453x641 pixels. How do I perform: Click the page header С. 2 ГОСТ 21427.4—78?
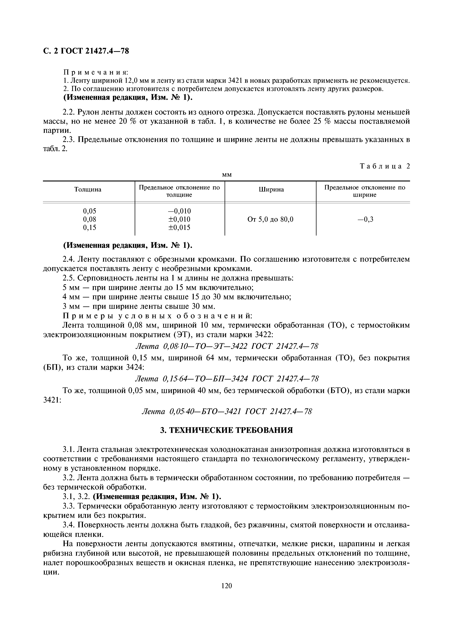(x=86, y=51)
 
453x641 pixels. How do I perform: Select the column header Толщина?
(x=88, y=189)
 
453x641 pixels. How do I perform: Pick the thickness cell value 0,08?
(x=89, y=219)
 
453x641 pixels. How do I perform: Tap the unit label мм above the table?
(x=227, y=175)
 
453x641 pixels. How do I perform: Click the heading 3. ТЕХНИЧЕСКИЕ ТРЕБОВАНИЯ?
(x=226, y=430)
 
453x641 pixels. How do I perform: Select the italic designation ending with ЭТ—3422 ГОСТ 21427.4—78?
(x=226, y=346)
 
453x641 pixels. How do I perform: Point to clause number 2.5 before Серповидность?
(x=69, y=278)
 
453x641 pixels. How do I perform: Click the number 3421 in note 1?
(x=237, y=81)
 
